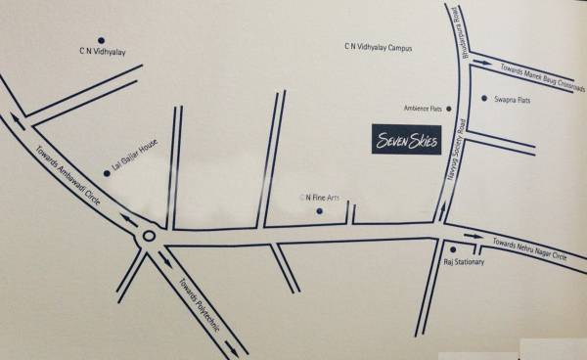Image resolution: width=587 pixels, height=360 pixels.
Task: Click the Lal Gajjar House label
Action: [x=135, y=157]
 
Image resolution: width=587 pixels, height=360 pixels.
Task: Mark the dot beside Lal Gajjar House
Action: [x=107, y=173]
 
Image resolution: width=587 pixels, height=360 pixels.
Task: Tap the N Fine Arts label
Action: [x=321, y=198]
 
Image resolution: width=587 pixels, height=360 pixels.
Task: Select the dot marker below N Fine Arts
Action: [x=319, y=211]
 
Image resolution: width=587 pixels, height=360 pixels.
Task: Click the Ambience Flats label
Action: [x=424, y=109]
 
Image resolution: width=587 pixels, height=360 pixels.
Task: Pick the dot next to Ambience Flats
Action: [x=449, y=109]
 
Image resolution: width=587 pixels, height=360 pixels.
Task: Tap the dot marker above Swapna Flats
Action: [x=484, y=98]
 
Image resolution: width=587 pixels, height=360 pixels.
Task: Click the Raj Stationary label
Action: [x=463, y=263]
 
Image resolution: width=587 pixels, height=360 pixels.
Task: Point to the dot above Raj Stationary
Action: [x=453, y=249]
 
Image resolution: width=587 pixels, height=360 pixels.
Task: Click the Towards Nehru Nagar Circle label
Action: [x=529, y=248]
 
